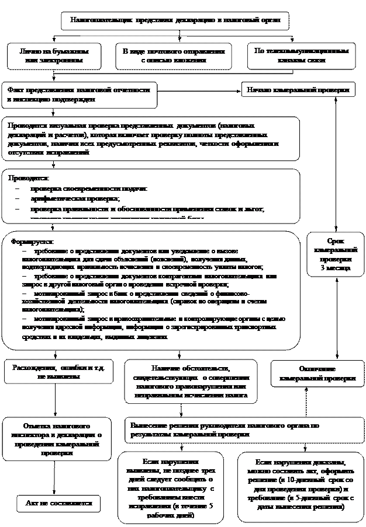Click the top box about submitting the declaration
coord(175,20)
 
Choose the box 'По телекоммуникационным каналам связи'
coord(301,55)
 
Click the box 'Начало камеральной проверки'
coord(298,90)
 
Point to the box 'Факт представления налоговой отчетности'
coord(79,95)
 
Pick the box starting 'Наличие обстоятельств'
coord(191,381)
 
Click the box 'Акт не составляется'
coord(58,502)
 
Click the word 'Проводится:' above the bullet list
coord(29,177)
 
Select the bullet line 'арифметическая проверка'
coord(71,199)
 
